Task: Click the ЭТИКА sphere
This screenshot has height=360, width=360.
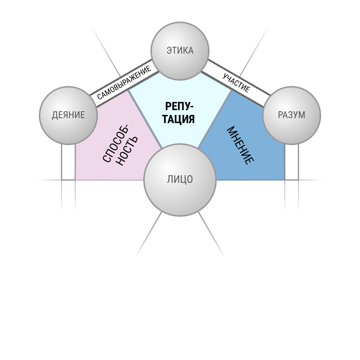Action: point(180,51)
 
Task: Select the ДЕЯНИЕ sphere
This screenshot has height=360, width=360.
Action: point(68,116)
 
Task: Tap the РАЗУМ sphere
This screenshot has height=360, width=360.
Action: point(292,116)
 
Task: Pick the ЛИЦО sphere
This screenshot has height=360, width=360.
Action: point(180,180)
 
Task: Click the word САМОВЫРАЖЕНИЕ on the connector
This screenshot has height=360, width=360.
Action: point(124,83)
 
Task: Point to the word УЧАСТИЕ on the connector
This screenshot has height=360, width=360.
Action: point(236,83)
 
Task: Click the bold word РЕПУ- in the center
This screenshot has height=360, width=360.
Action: point(179,107)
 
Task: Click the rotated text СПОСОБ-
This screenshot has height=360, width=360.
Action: point(116,144)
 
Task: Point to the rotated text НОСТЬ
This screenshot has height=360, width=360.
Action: point(127,151)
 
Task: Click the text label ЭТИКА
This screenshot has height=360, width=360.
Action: point(180,50)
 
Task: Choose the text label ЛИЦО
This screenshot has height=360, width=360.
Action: point(180,180)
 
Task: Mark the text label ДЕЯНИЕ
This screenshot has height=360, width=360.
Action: point(68,115)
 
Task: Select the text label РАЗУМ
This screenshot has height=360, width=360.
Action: point(292,115)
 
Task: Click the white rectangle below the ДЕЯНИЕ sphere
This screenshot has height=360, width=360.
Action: point(68,162)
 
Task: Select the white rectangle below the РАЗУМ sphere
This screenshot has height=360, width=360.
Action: point(292,162)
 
